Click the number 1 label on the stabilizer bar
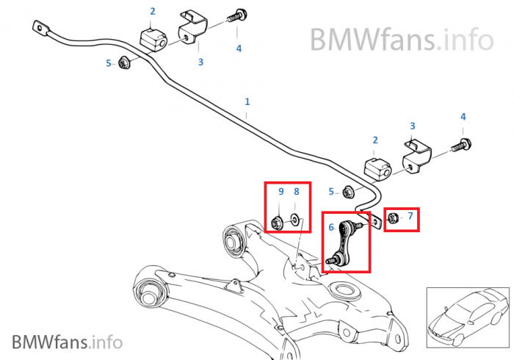pos(247,101)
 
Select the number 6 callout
pos(331,228)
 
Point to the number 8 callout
pos(297,192)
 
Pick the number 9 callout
pos(280,192)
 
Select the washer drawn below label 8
pos(294,218)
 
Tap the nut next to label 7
pos(392,217)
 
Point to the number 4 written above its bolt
pos(463,117)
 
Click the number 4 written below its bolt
pos(239,48)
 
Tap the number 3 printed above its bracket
pos(413,126)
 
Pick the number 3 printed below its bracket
pos(200,62)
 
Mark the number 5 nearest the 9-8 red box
pos(331,192)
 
